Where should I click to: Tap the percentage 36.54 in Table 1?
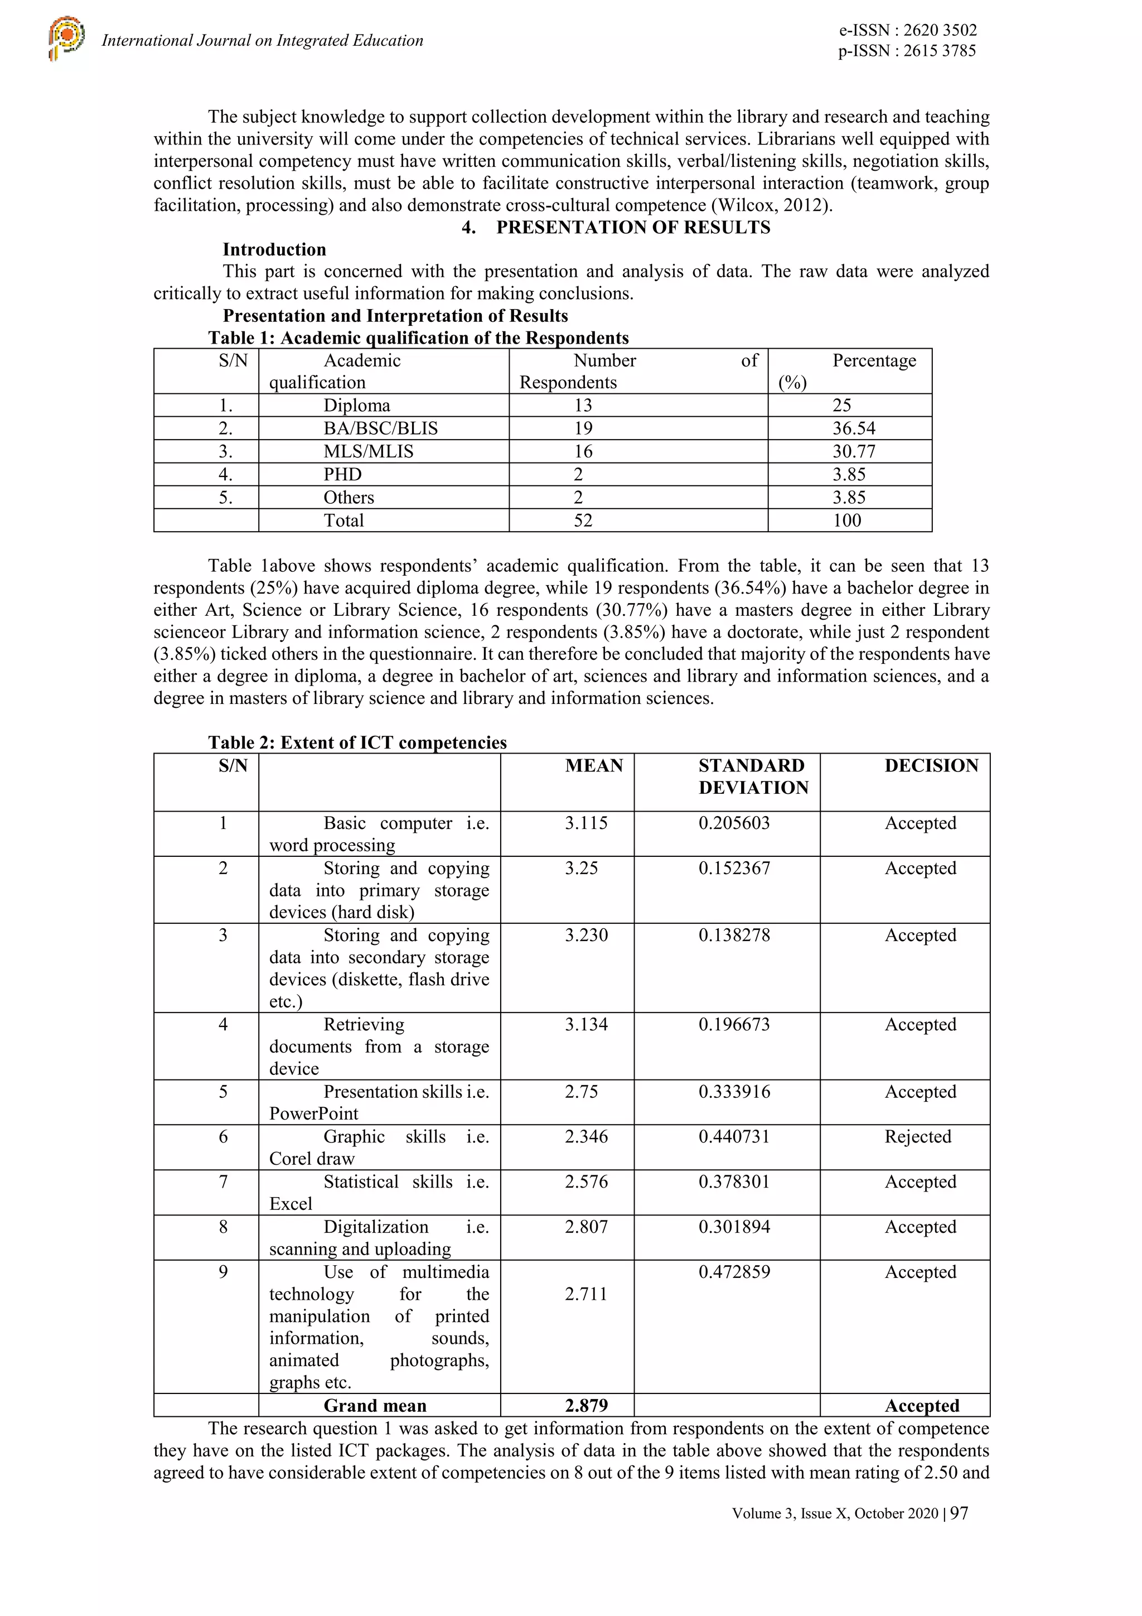854,428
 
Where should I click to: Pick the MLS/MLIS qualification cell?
368,451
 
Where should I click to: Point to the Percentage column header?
874,361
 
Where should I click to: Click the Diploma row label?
357,406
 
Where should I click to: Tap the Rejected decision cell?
917,1137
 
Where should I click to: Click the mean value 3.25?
581,868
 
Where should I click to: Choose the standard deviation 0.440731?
734,1137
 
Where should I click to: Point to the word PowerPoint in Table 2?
314,1113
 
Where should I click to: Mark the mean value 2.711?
585,1294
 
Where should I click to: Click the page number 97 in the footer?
959,1513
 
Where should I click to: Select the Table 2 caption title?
357,742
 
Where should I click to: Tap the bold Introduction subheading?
274,250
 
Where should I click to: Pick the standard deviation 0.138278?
734,935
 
